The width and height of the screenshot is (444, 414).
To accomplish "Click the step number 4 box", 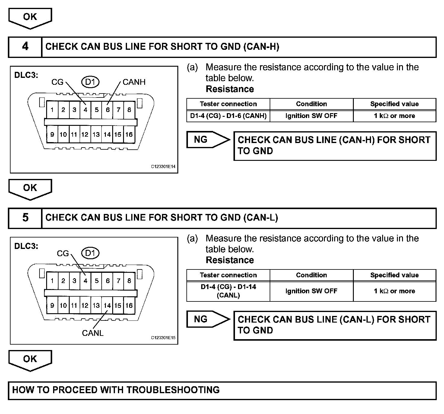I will point(25,47).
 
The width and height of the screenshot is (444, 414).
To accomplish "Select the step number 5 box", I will point(25,218).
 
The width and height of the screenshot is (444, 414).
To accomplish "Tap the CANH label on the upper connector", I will point(134,82).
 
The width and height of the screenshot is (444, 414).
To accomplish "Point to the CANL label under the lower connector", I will point(93,333).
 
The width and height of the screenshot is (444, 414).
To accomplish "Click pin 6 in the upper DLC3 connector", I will point(107,110).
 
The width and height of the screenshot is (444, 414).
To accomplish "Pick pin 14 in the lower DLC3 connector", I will point(107,305).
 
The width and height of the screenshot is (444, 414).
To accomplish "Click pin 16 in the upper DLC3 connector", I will point(129,135).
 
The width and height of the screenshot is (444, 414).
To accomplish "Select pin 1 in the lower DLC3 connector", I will point(52,281).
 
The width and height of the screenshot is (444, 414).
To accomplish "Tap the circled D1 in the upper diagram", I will point(90,82).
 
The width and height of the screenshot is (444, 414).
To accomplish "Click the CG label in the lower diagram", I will point(63,253).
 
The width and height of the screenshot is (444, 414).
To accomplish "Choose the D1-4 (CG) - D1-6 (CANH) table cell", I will point(228,116).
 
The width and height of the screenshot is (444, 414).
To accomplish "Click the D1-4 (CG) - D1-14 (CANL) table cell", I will point(228,291).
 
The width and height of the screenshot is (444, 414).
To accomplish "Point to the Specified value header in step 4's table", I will point(394,104).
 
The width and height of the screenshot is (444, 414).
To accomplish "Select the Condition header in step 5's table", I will point(311,275).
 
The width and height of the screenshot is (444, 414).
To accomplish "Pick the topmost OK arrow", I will point(30,18).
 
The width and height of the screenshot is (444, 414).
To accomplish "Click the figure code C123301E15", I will point(163,338).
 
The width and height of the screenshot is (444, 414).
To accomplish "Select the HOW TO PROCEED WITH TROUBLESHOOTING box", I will point(222,390).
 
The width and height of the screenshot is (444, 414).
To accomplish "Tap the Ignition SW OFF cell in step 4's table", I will point(311,116).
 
